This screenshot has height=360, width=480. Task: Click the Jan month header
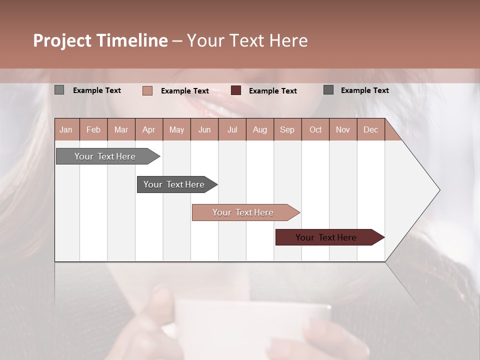pos(66,129)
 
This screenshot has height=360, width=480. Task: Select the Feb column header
pos(93,129)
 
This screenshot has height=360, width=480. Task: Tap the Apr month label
pos(149,129)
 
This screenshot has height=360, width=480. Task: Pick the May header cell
pos(176,129)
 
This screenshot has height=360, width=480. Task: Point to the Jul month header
pos(232,129)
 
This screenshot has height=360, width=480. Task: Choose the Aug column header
pos(260,129)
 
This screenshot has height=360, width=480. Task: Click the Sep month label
pos(287,129)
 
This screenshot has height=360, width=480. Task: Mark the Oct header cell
pos(315,129)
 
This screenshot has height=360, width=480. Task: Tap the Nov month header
pos(343,129)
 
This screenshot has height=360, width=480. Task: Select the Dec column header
pos(370,129)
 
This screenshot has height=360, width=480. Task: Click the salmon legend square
pos(147,90)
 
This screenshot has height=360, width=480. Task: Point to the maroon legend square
pos(236,90)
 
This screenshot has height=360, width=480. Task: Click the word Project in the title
pos(62,40)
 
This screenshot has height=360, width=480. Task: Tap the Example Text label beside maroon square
pos(272,91)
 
